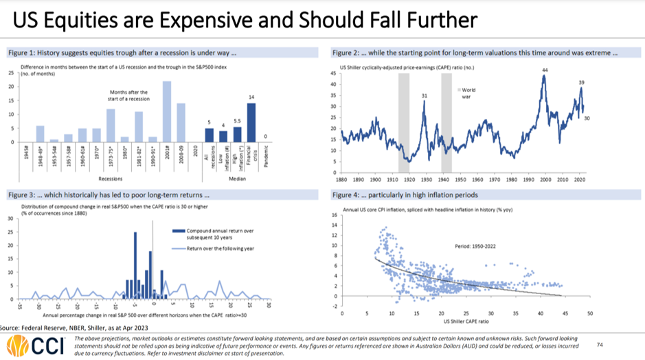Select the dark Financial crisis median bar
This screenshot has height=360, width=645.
(251, 122)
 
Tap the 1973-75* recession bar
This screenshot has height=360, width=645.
(111, 125)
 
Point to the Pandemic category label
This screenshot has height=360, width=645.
(266, 157)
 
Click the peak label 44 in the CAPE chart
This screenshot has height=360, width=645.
(545, 70)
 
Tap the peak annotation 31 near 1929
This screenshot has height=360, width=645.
(425, 95)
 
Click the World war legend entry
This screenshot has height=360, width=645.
(468, 93)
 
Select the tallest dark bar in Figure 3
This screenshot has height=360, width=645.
(135, 265)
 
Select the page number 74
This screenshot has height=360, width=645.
(600, 345)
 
